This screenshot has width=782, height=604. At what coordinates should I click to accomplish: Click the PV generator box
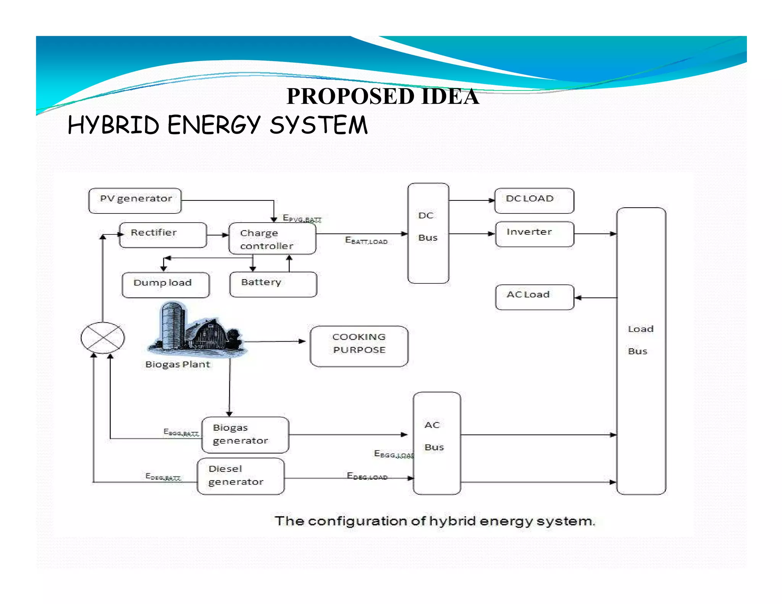pos(135,200)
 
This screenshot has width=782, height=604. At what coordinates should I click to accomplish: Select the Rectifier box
pos(163,235)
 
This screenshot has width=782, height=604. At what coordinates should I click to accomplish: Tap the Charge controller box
pos(272,239)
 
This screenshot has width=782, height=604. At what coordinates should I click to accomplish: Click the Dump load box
pos(165,284)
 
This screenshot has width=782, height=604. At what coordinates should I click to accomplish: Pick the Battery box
pos(273,284)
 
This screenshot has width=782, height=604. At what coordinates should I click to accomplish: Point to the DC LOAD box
pos(534,200)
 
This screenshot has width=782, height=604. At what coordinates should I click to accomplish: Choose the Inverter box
pos(534,234)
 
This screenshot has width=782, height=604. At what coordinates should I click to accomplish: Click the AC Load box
pos(534,297)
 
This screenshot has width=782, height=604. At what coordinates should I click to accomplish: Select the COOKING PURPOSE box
pos(359,346)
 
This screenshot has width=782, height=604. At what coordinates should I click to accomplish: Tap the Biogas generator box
pos(245,434)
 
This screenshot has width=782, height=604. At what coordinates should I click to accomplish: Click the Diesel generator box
pos(241,476)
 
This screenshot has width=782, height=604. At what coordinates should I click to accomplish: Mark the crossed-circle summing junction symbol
pos(103,338)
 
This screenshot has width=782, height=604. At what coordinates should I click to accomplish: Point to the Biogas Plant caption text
pos(178,364)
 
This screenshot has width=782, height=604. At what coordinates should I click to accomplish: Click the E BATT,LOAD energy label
pos(366,241)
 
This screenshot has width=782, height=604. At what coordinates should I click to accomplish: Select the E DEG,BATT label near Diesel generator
pos(163,476)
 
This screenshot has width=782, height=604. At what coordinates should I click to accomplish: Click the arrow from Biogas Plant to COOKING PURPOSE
pos(275,341)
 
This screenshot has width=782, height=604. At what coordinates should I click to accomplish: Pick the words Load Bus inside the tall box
pos(640,340)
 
